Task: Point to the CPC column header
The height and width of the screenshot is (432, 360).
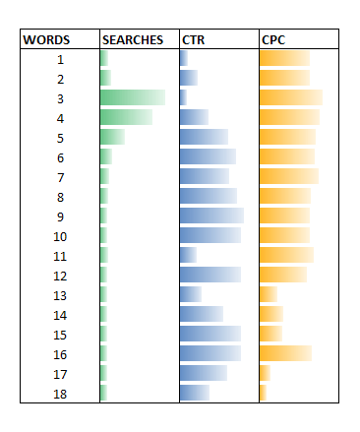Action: tap(272, 40)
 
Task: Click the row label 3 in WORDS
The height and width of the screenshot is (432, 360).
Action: tap(60, 98)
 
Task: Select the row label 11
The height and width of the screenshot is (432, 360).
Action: tap(60, 256)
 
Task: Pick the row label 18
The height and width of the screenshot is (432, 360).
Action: tap(60, 394)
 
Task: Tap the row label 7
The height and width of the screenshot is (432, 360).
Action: tap(60, 177)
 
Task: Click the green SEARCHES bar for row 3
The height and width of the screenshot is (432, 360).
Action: tap(133, 97)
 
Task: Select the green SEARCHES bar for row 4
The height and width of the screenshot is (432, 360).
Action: tap(126, 117)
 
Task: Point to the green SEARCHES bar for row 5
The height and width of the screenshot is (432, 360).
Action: tap(112, 137)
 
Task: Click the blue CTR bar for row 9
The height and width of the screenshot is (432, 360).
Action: tap(211, 216)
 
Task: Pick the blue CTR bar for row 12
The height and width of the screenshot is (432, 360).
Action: tap(210, 275)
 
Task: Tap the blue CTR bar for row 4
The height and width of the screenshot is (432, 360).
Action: tap(194, 117)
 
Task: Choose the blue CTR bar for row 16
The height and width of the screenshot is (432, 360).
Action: tap(210, 353)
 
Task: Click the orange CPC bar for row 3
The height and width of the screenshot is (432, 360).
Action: tap(290, 97)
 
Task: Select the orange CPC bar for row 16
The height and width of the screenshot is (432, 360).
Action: tap(285, 353)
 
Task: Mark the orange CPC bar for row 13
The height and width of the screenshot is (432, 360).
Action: tap(268, 294)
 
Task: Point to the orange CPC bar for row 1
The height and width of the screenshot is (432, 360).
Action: tap(284, 58)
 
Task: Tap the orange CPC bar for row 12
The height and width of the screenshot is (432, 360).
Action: tap(282, 275)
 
